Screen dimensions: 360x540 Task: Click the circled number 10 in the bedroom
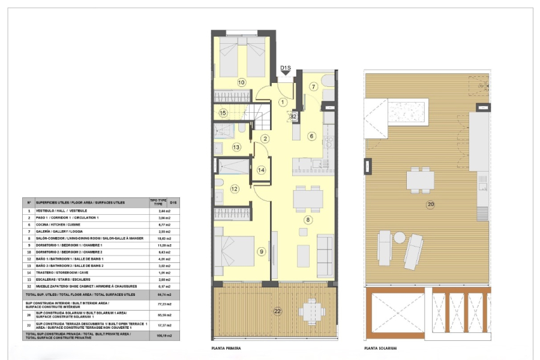click(x=242, y=82)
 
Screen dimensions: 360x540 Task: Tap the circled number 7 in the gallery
click(x=313, y=86)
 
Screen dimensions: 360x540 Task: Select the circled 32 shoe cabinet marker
click(x=294, y=117)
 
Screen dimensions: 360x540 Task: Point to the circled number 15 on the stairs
click(x=223, y=112)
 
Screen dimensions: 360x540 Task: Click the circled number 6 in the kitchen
click(x=311, y=136)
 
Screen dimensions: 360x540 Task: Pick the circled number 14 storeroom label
click(x=261, y=170)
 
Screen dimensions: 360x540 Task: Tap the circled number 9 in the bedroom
click(x=261, y=251)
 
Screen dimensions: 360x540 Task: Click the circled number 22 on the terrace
click(x=277, y=311)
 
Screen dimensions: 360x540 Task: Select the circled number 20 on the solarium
click(x=430, y=205)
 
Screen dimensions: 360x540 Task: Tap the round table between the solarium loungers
click(x=400, y=238)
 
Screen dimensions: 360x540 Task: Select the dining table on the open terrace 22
click(x=311, y=310)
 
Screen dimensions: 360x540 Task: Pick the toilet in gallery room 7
click(x=328, y=80)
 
